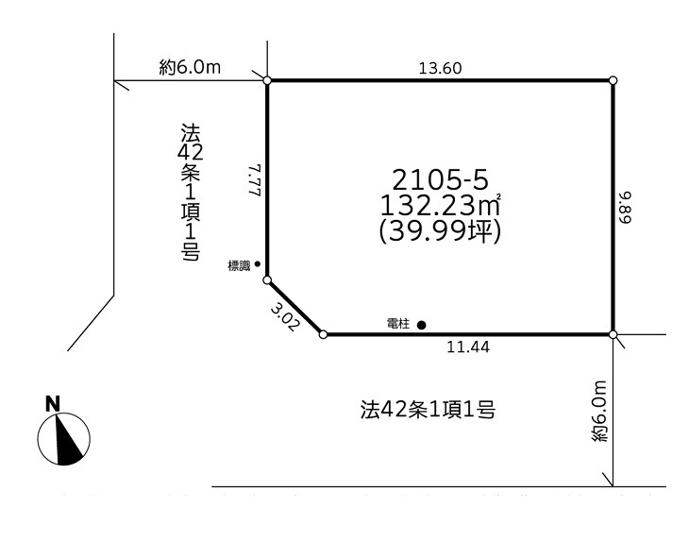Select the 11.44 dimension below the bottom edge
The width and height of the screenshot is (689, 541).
point(468,347)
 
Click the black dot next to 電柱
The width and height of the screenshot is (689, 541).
point(421,325)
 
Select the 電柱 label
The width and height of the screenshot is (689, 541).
point(398,324)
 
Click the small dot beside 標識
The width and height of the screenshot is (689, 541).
point(258,265)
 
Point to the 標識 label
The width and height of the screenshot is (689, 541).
point(240,266)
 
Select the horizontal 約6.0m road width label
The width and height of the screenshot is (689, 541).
point(190,67)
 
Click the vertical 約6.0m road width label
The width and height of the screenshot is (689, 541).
point(599,413)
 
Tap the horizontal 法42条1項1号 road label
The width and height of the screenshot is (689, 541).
point(429,410)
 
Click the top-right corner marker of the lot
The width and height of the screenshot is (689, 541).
point(613,80)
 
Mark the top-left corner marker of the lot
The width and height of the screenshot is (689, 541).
point(267,80)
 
